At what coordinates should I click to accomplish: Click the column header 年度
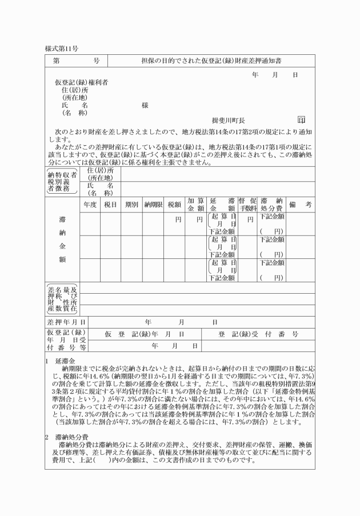pos(90,203)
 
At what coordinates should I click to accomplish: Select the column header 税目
pos(110,203)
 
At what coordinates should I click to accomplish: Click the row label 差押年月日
pos(63,322)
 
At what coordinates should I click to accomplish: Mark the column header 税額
pos(175,203)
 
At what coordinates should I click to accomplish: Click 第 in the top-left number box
pos(57,61)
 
